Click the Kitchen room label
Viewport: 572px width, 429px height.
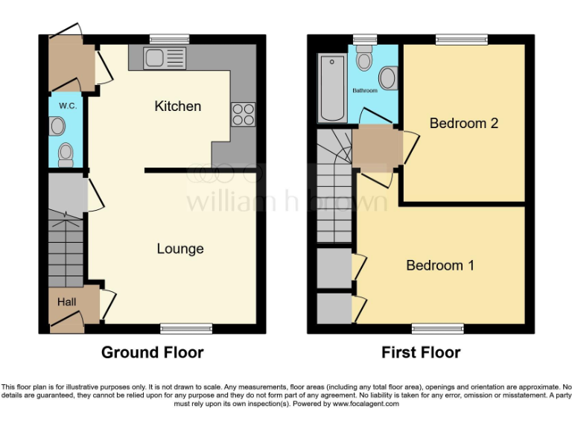click(x=177, y=106)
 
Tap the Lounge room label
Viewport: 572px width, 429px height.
click(x=180, y=248)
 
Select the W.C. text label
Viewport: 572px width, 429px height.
click(x=68, y=106)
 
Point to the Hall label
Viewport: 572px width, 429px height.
click(x=67, y=301)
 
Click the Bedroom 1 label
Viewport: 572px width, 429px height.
click(x=440, y=265)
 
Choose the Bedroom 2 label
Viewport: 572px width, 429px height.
click(x=463, y=123)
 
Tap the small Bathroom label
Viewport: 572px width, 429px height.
click(x=365, y=91)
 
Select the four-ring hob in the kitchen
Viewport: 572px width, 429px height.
click(x=244, y=113)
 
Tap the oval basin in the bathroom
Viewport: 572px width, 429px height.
click(x=388, y=77)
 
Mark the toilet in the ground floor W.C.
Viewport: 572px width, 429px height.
click(x=66, y=154)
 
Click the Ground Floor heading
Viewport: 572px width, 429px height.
click(x=152, y=352)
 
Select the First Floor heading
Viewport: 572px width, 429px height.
click(x=421, y=352)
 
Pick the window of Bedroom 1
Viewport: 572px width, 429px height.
click(x=438, y=328)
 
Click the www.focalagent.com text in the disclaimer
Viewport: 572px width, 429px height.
click(x=366, y=404)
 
